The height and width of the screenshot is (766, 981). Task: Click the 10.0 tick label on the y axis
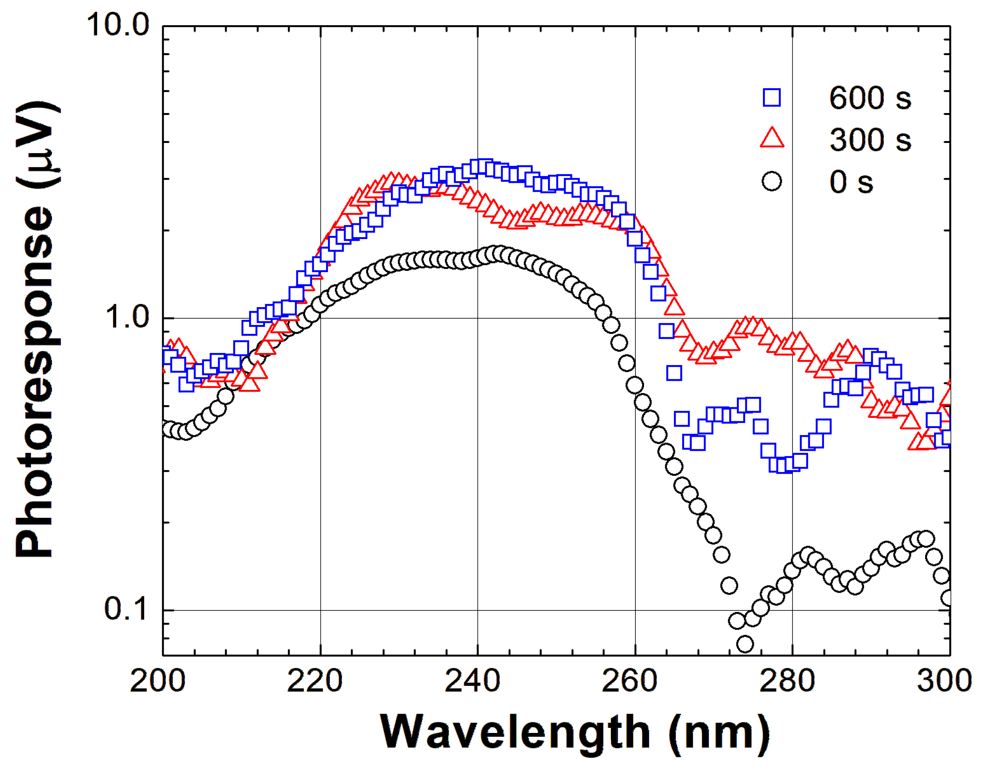pos(118,25)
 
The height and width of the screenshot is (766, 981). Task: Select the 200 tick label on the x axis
pos(157,681)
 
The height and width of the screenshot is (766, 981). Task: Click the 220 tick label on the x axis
pos(315,681)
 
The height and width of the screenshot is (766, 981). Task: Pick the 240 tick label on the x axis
pos(472,681)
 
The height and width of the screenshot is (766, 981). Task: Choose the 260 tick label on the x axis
pos(630,681)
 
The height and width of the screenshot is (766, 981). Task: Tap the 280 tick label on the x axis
pos(787,681)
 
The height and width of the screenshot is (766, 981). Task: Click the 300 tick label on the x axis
pos(948,681)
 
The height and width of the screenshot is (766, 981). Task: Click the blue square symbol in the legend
pos(772,98)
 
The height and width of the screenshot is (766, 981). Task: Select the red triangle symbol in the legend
pos(772,138)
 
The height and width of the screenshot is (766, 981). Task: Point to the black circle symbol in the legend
pos(772,182)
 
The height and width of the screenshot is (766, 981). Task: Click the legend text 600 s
pos(870,98)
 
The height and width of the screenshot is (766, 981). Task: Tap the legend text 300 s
pos(870,140)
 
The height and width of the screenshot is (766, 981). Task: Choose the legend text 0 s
pos(851,182)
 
